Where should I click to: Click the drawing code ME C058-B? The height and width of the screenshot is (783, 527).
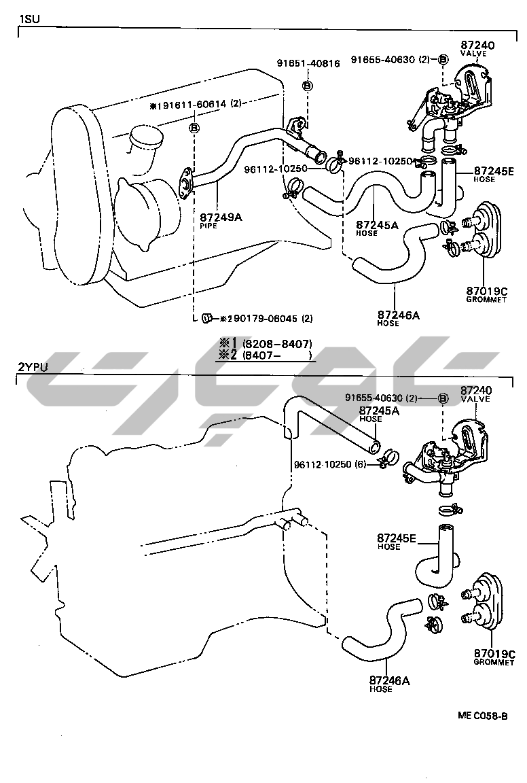pyautogui.click(x=481, y=716)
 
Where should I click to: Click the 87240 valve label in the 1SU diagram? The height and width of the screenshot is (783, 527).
pyautogui.click(x=477, y=45)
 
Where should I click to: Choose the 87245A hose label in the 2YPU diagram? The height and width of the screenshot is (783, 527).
pyautogui.click(x=379, y=411)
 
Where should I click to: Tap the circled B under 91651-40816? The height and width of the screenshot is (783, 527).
pyautogui.click(x=307, y=86)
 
